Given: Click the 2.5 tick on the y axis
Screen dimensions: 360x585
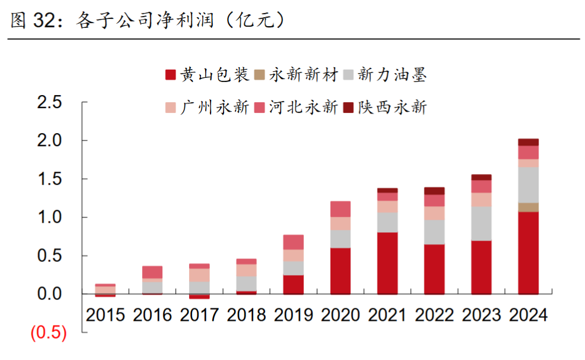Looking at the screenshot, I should point(49,102).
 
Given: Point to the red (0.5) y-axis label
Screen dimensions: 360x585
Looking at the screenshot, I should point(49,333).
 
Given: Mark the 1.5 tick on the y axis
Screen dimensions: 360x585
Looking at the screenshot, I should point(49,179).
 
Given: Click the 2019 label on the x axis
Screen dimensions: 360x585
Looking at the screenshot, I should point(294,315).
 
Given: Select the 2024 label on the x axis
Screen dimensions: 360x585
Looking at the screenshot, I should point(528,315).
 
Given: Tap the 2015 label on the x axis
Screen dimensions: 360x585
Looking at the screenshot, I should point(105,315).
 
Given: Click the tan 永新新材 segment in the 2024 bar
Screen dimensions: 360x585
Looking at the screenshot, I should point(529,207).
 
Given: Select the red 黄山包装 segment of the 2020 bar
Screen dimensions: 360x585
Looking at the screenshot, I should point(341,271).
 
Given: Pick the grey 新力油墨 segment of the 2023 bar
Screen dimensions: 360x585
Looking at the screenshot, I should point(482,223).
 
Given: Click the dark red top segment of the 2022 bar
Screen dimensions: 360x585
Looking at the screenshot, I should point(435,191).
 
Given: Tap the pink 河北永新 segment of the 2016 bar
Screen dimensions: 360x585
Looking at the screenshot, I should point(152,272).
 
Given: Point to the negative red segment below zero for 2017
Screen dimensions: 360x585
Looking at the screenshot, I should point(200,296).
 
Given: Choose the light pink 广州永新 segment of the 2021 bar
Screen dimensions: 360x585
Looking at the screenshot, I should point(388,207).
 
